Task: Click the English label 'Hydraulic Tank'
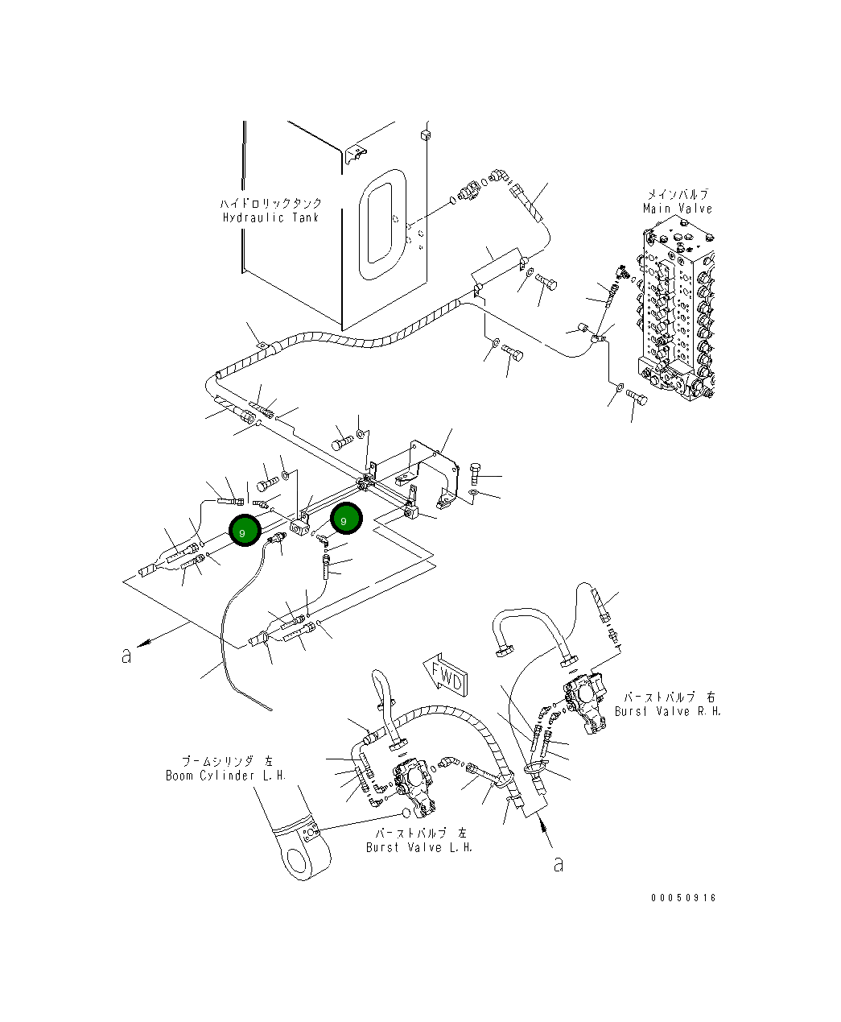click(x=270, y=217)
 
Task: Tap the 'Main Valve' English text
click(x=678, y=209)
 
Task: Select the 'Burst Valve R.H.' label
click(x=668, y=711)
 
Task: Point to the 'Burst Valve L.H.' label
click(x=419, y=847)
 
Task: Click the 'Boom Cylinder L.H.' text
click(x=226, y=776)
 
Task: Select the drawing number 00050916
click(x=683, y=898)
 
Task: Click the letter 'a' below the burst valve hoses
click(x=558, y=864)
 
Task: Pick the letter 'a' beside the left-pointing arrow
click(x=126, y=656)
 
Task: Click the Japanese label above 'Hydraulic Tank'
click(x=270, y=204)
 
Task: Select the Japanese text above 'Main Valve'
click(x=678, y=195)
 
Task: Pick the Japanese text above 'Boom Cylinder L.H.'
click(x=226, y=761)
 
